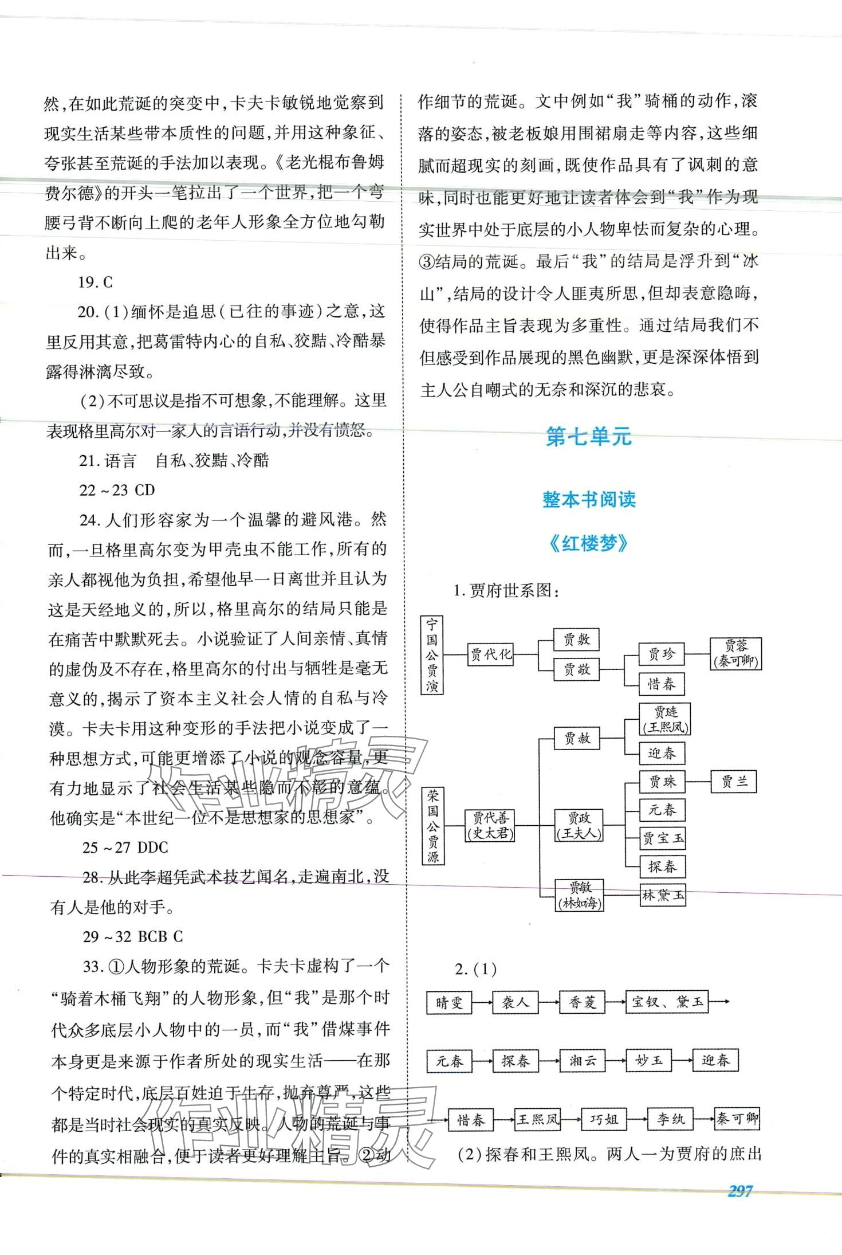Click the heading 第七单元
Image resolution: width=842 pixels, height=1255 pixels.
(588, 437)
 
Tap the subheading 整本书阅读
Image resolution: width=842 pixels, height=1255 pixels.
(589, 500)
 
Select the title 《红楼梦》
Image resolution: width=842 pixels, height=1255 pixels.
(588, 543)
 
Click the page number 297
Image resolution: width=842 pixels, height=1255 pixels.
(739, 1191)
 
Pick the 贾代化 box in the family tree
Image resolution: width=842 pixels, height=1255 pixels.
(490, 654)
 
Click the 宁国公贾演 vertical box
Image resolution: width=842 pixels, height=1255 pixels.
(432, 654)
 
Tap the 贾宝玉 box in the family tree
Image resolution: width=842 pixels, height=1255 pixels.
(662, 838)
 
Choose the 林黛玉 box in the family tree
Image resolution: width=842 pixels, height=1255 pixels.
(662, 895)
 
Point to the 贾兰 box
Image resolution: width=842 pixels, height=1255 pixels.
(733, 781)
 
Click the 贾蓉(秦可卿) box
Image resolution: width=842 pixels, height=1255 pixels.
(735, 654)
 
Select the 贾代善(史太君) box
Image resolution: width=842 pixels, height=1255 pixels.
(490, 826)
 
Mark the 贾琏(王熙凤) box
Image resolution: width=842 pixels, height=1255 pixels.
(665, 719)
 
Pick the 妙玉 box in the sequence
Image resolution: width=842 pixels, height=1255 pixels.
(648, 1060)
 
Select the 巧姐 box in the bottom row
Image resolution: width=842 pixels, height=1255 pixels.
(604, 1119)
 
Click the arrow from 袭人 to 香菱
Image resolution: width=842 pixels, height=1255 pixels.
(549, 1002)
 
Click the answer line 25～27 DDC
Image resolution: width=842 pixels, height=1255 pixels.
(125, 848)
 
